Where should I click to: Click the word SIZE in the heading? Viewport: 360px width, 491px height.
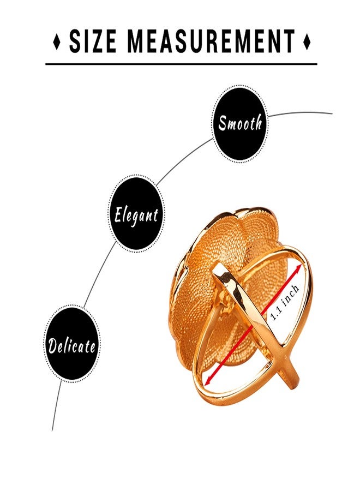[92, 41]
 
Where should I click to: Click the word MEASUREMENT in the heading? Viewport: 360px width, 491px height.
[211, 41]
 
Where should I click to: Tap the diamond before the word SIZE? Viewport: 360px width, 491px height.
[57, 41]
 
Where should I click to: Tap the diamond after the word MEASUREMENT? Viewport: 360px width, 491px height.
[307, 41]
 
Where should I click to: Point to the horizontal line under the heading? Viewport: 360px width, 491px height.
[181, 64]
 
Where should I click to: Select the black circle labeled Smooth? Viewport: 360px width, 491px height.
[240, 123]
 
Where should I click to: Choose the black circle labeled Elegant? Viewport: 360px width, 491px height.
[136, 214]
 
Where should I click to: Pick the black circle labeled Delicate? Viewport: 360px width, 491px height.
[72, 344]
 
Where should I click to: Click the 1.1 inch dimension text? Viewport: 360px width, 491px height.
[285, 303]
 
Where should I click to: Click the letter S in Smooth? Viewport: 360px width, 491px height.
[223, 123]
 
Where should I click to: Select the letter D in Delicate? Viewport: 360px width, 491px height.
[53, 345]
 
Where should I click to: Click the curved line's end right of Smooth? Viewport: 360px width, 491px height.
[332, 113]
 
